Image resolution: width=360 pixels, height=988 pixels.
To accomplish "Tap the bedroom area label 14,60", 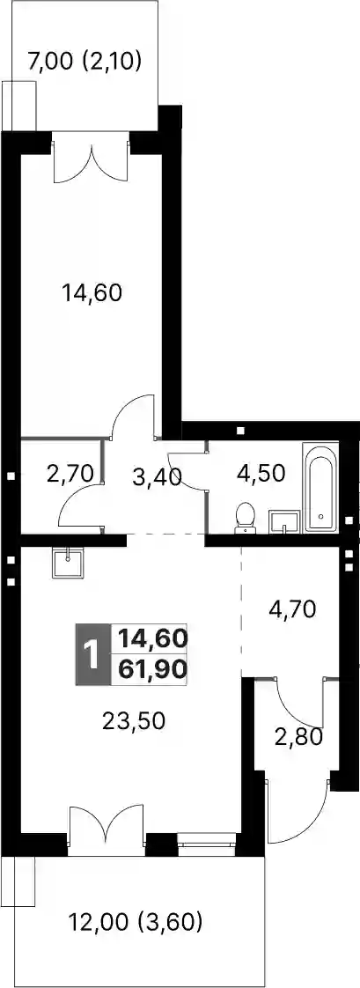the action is pos(92,292).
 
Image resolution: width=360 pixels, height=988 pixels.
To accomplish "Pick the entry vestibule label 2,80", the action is pos(299,735).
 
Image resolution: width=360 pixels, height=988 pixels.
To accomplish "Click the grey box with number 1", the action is pos(92,655).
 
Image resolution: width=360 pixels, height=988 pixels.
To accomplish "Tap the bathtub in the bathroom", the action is pos(321,486).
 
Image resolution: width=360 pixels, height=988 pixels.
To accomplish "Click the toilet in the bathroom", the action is pos(245,518).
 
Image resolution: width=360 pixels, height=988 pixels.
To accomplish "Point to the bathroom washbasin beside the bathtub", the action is pos(283,522).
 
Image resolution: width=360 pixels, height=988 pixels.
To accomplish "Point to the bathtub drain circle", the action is pos(321,516).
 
